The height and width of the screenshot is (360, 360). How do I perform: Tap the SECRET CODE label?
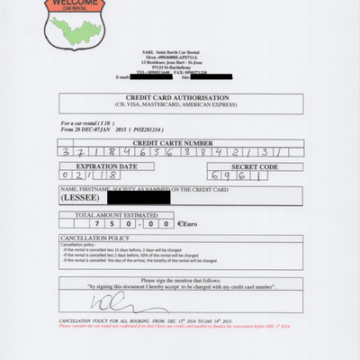[253, 166]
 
